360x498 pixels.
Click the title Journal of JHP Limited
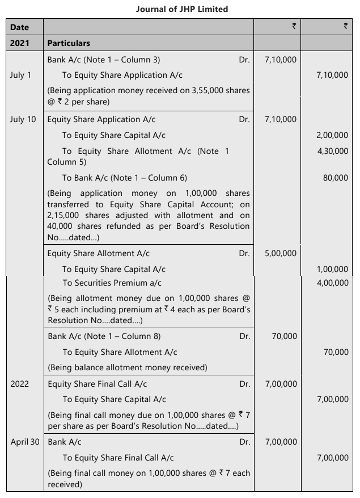point(182,9)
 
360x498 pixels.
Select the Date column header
point(19,27)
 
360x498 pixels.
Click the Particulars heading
point(69,43)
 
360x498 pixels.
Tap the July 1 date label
point(20,75)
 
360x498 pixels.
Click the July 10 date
point(23,119)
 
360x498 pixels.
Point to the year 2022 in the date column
point(20,384)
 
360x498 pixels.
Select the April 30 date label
point(25,441)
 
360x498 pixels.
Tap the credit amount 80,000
point(336,178)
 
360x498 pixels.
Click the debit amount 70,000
point(284,336)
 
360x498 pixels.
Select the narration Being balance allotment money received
point(127,367)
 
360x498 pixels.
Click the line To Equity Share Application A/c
point(122,75)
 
